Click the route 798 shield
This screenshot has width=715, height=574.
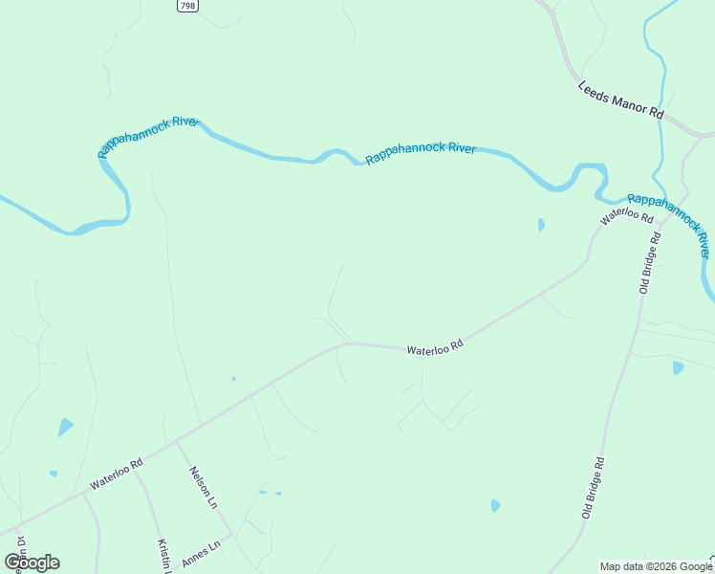(187, 6)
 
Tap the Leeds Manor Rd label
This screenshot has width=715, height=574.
(620, 99)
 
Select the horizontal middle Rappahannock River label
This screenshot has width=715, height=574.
(421, 153)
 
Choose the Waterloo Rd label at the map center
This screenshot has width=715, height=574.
(435, 350)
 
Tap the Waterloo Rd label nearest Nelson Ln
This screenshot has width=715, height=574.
(116, 474)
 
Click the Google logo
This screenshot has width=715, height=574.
(32, 562)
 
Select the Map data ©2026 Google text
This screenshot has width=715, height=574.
(656, 566)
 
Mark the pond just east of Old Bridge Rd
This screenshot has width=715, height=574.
(678, 367)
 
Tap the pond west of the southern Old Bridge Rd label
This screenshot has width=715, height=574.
(495, 505)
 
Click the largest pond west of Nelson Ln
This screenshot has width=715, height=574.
(65, 427)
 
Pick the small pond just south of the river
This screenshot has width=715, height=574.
(541, 226)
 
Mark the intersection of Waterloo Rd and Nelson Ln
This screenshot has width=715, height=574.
(175, 442)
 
